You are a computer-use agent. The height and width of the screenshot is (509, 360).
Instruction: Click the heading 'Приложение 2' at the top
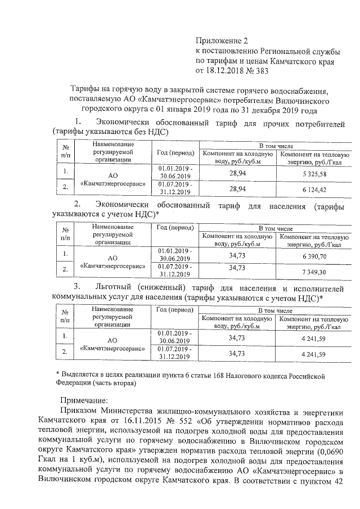[x=221, y=41]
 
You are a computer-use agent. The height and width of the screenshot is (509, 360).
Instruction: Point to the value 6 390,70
[x=314, y=256]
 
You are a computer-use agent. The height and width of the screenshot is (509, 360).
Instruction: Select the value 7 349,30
[x=314, y=272]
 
